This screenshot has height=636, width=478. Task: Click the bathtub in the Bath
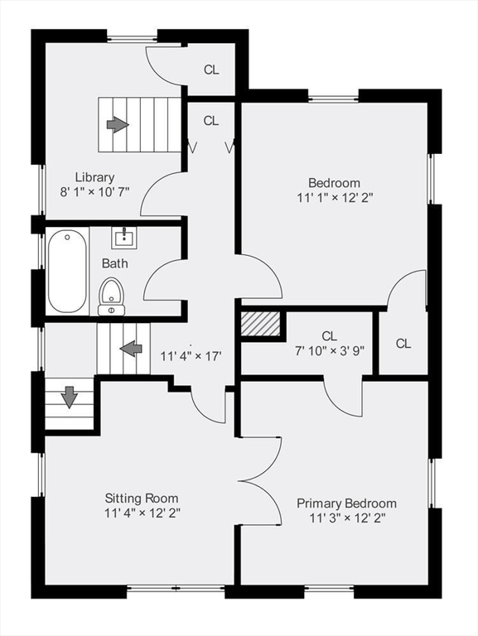(x=67, y=272)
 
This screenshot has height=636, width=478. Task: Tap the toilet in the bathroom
(x=111, y=296)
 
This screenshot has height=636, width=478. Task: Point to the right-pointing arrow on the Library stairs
(x=118, y=124)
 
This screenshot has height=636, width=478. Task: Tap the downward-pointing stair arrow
(x=70, y=397)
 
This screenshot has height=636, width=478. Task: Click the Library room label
(x=94, y=176)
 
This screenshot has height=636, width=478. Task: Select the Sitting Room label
(x=142, y=498)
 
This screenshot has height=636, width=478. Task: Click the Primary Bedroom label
(x=346, y=503)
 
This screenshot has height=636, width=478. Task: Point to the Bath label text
(x=114, y=263)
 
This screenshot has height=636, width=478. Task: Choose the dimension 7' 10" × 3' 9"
(x=330, y=349)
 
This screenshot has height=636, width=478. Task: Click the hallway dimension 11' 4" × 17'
(x=190, y=357)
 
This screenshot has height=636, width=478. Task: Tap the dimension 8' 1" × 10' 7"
(x=94, y=191)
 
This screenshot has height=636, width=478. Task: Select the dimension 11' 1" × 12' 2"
(x=334, y=198)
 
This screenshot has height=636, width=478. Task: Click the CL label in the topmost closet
(x=211, y=70)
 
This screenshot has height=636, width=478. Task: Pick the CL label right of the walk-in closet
(x=403, y=344)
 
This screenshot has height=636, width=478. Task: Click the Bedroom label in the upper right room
(x=334, y=183)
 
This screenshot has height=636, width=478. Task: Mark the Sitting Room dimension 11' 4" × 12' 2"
(x=142, y=513)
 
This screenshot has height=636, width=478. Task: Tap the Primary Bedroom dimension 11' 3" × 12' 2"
(x=346, y=518)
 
